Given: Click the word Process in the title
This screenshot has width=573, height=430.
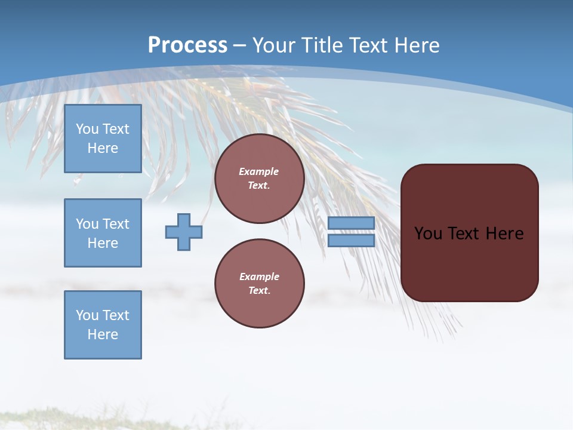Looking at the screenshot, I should (187, 45).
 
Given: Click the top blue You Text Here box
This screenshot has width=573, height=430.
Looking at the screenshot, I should (103, 139).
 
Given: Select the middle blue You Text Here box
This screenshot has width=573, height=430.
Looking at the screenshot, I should (103, 233).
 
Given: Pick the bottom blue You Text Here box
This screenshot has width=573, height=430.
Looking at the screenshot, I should (103, 325).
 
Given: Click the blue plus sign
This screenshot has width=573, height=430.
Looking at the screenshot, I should (184, 232).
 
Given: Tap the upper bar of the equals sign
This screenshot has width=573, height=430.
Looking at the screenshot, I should (351, 223).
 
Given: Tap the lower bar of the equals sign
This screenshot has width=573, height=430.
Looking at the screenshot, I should (351, 241).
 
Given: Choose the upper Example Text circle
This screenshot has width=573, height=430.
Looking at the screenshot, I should (259, 179).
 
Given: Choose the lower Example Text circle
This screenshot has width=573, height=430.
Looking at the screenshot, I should (259, 284).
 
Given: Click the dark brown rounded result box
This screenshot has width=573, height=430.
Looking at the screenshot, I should (469, 233).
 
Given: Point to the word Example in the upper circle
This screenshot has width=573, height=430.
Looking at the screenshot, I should (259, 171).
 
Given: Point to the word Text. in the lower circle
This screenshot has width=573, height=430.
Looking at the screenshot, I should (259, 291).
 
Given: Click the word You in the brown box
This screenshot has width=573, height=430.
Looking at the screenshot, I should (428, 234).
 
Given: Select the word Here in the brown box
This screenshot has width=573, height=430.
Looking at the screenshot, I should (504, 234).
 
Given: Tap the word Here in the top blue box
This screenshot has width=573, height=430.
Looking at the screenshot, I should (103, 148).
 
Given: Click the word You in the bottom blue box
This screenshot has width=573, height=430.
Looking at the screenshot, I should (87, 315).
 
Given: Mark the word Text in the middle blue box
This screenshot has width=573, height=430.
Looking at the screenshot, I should (116, 224).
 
